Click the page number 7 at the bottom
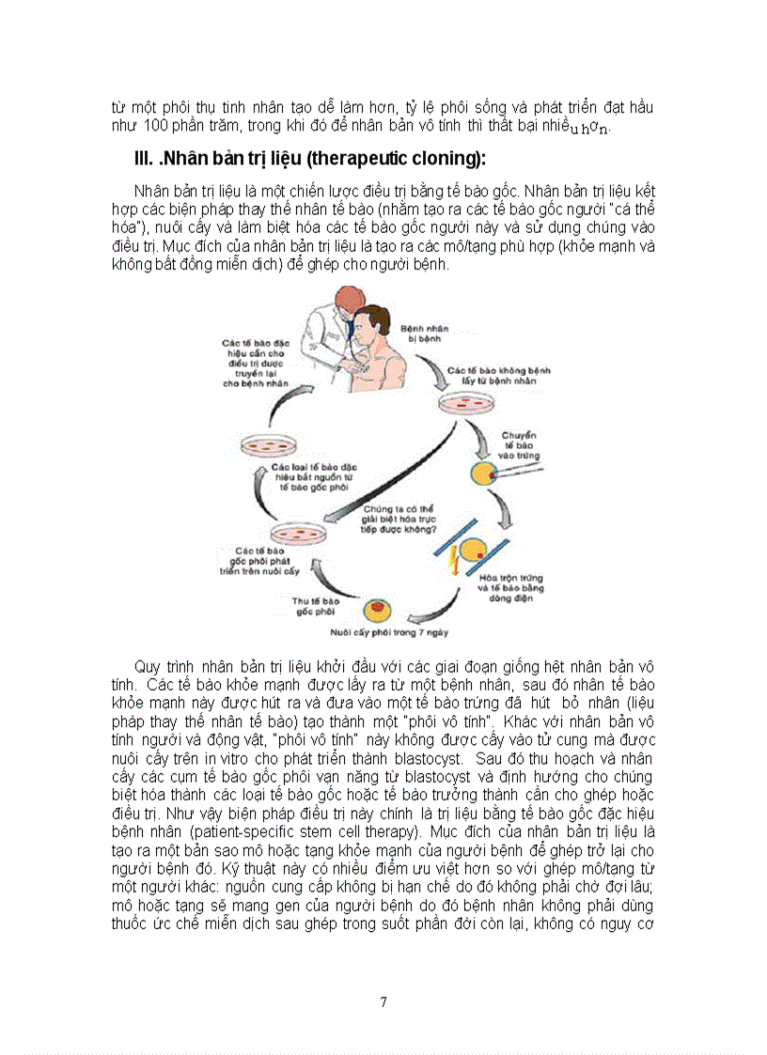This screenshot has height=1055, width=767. pos(383,1001)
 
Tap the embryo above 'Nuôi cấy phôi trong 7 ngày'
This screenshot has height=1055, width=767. pos(379,612)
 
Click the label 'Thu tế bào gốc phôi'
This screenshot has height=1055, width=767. pos(314,605)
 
